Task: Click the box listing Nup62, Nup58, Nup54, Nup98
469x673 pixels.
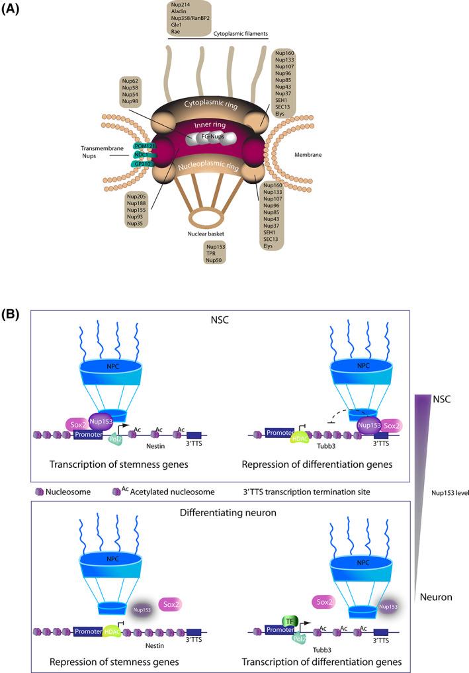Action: pos(130,92)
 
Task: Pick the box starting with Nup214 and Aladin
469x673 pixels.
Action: pos(192,19)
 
